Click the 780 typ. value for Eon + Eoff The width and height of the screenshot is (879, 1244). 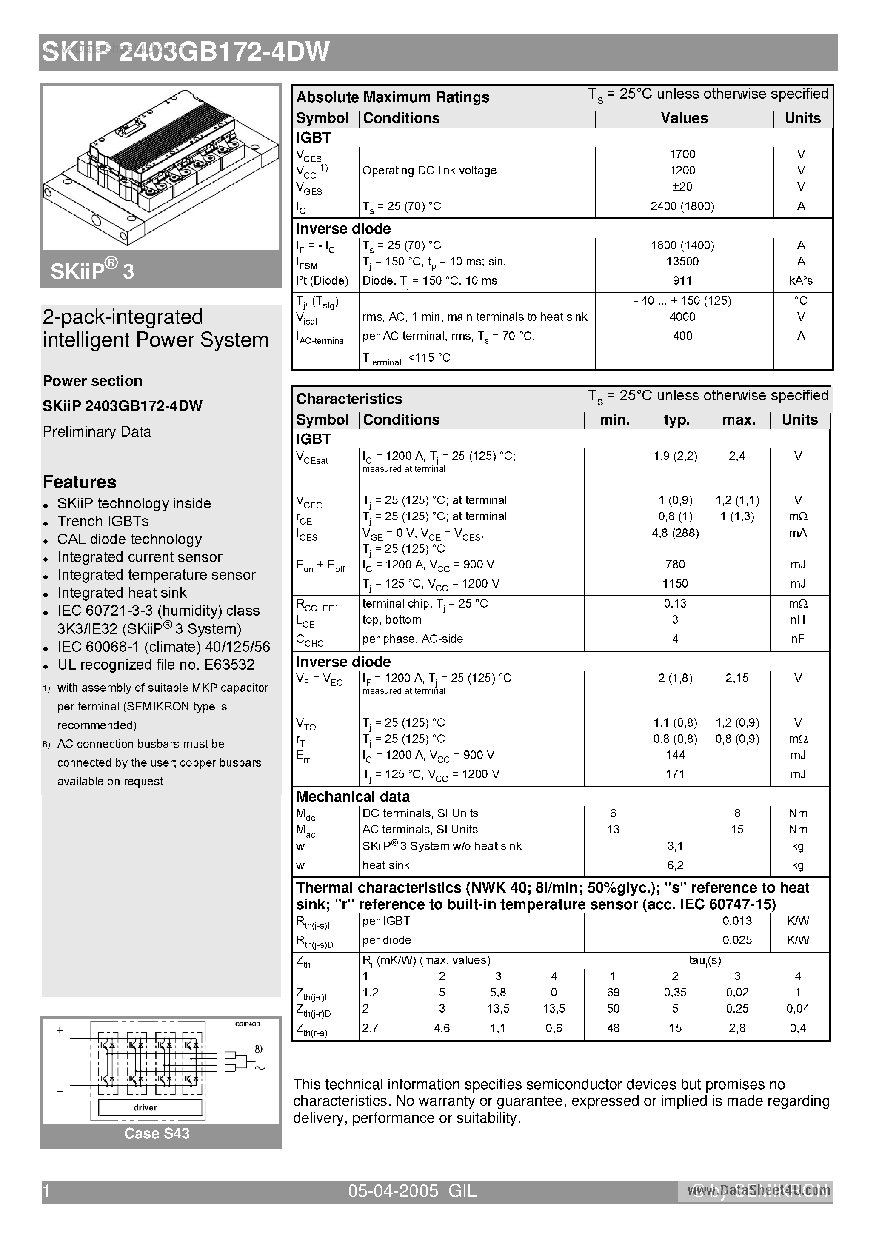[x=675, y=565]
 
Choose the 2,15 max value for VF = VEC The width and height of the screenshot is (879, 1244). [x=736, y=678]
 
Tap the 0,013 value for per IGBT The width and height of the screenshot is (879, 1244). [x=736, y=921]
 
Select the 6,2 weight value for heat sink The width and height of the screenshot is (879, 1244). [x=675, y=865]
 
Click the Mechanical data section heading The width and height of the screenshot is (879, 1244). [x=352, y=797]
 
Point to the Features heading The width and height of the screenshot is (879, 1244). [x=80, y=482]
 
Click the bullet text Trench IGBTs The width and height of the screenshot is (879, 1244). [x=103, y=521]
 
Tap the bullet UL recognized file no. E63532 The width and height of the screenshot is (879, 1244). [x=156, y=665]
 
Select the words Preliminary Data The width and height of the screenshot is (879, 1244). [x=97, y=432]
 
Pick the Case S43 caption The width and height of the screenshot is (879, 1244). [x=157, y=1134]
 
